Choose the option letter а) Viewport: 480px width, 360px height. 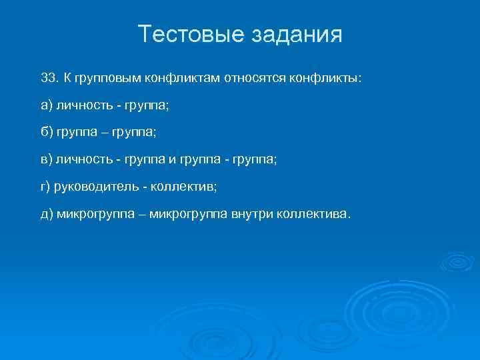(x=46, y=105)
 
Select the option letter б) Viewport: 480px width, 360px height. (x=46, y=133)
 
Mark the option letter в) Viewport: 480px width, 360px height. (x=46, y=160)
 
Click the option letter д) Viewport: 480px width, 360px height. (x=46, y=215)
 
